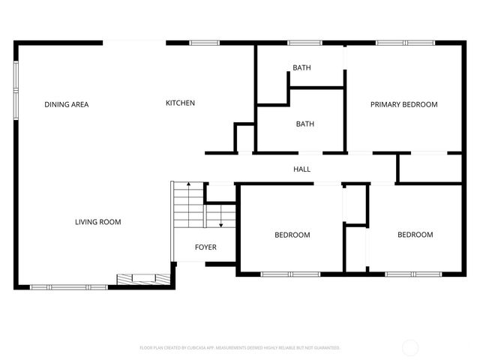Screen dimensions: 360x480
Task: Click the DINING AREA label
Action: pyautogui.click(x=66, y=104)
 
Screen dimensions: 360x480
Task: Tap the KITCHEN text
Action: pyautogui.click(x=180, y=103)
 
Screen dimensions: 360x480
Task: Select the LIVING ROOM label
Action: pyautogui.click(x=97, y=222)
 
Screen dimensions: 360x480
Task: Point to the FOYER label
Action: pyautogui.click(x=205, y=247)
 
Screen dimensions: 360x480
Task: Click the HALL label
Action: pyautogui.click(x=301, y=169)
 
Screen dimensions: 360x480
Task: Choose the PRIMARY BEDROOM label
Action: pyautogui.click(x=403, y=104)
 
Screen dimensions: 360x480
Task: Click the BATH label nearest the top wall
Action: pyautogui.click(x=301, y=68)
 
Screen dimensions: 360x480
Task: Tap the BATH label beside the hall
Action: pyautogui.click(x=304, y=124)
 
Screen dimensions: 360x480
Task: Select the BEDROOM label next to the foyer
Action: pyautogui.click(x=292, y=235)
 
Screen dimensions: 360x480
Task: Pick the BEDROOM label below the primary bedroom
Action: pyautogui.click(x=415, y=235)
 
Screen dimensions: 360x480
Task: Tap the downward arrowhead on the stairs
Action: pyautogui.click(x=220, y=224)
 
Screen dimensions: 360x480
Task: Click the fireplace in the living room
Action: pyautogui.click(x=141, y=279)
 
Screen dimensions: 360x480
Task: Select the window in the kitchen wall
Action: pyautogui.click(x=203, y=43)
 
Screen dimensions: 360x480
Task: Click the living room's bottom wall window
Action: pyautogui.click(x=68, y=286)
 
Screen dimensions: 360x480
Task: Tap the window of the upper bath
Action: pyautogui.click(x=304, y=43)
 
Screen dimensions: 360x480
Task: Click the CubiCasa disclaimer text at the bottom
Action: pyautogui.click(x=240, y=348)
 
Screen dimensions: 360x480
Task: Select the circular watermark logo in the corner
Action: pyautogui.click(x=410, y=347)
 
